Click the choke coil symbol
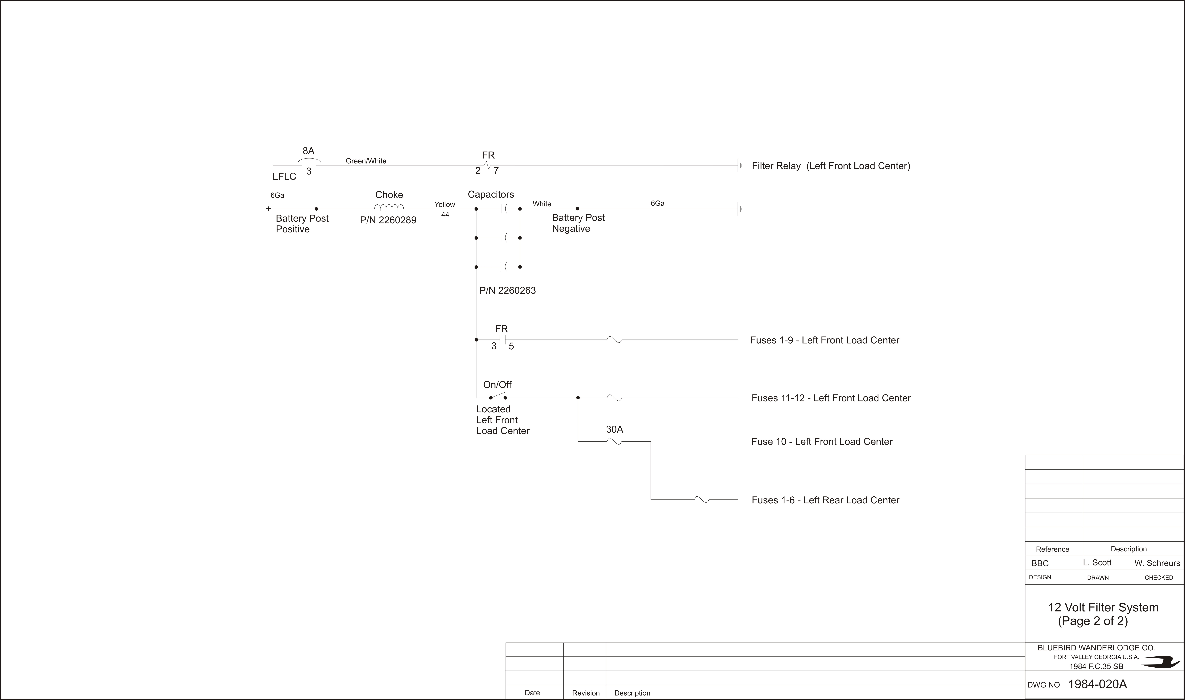[389, 207]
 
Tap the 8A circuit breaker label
[308, 151]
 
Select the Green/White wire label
[366, 161]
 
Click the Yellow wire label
[444, 204]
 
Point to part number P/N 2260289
[388, 220]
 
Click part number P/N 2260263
[508, 291]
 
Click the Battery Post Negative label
[578, 223]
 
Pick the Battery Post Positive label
[302, 224]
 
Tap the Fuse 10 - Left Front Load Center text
[822, 441]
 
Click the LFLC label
[284, 176]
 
